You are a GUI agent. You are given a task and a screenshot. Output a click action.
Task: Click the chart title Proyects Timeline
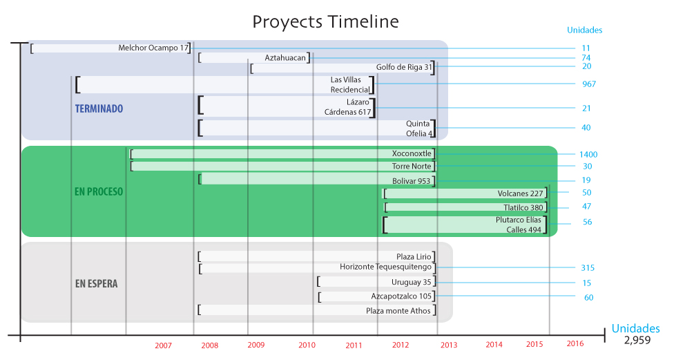click(x=325, y=22)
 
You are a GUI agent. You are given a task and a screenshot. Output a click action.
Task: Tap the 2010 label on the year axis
click(x=307, y=345)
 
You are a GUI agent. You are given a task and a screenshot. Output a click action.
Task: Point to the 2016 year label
click(x=575, y=343)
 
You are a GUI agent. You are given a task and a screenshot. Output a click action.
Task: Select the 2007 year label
click(x=163, y=345)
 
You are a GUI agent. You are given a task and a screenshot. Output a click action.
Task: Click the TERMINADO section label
click(x=99, y=108)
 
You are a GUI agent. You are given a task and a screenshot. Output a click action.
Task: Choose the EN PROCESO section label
click(x=99, y=192)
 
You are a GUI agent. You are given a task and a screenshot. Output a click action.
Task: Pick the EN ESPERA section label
click(x=96, y=284)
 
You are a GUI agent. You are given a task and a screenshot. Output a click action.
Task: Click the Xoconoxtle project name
click(x=412, y=153)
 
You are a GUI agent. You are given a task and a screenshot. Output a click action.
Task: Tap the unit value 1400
click(x=588, y=155)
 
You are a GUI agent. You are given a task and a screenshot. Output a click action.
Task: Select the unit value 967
click(x=589, y=84)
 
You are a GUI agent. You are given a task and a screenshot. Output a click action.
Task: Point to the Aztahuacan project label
click(x=285, y=57)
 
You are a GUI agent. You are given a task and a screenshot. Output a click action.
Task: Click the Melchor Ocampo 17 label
click(x=153, y=48)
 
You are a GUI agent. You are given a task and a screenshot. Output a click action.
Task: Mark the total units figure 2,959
click(x=637, y=340)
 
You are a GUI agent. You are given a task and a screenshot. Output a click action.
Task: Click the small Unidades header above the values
click(x=584, y=30)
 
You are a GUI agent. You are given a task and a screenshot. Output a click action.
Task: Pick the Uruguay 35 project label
click(x=411, y=282)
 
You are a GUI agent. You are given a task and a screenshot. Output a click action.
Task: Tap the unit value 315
click(x=588, y=268)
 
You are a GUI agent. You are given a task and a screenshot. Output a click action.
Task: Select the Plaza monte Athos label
click(x=398, y=311)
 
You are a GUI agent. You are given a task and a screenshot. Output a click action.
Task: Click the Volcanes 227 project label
click(x=520, y=193)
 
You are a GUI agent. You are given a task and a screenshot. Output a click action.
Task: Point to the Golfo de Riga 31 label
click(x=404, y=67)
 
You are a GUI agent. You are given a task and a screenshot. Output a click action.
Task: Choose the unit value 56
click(x=587, y=222)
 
